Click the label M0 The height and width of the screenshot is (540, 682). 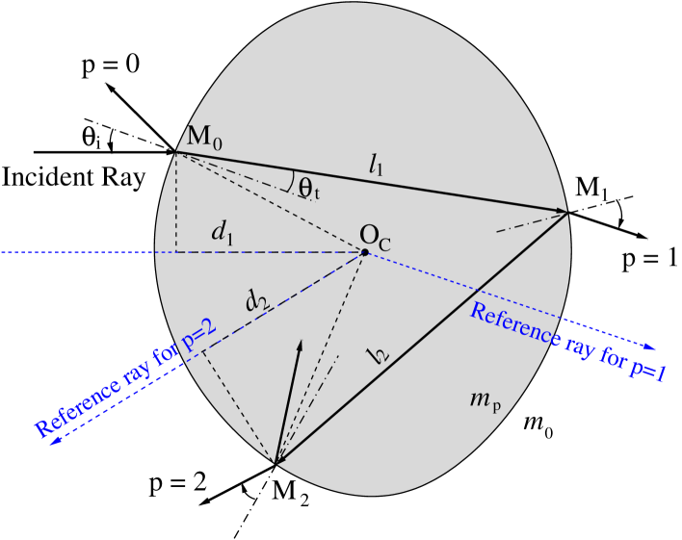[205, 138]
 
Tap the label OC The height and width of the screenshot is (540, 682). [376, 235]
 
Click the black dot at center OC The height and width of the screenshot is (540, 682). [364, 252]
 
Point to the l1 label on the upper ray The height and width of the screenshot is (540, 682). [377, 165]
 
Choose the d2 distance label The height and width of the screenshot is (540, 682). [256, 301]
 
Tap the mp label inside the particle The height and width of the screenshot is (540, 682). [484, 399]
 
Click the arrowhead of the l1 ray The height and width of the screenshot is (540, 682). [562, 210]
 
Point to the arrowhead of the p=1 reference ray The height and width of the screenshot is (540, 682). [652, 347]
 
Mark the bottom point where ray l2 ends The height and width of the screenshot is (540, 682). [276, 464]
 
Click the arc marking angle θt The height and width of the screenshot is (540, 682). [291, 179]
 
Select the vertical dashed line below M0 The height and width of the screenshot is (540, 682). [176, 202]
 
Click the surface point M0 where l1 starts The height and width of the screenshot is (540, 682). [176, 153]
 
